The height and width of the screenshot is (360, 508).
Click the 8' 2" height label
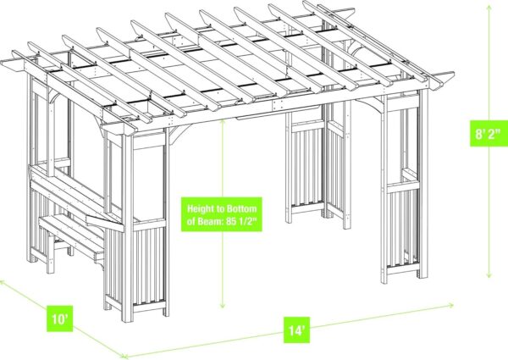489,134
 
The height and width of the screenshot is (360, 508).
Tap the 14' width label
296,330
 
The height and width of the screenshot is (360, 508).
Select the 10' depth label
59,318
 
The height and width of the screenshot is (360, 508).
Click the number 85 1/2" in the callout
240,221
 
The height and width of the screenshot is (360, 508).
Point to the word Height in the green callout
199,208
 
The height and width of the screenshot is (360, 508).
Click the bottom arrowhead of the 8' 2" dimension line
489,274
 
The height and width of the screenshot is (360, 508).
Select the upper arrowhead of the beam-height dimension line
222,122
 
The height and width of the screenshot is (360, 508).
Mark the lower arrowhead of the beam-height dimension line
222,305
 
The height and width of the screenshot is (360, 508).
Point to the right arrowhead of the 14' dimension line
450,305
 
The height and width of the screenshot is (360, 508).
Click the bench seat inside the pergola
72,234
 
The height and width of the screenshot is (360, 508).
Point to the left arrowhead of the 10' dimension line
2,282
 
